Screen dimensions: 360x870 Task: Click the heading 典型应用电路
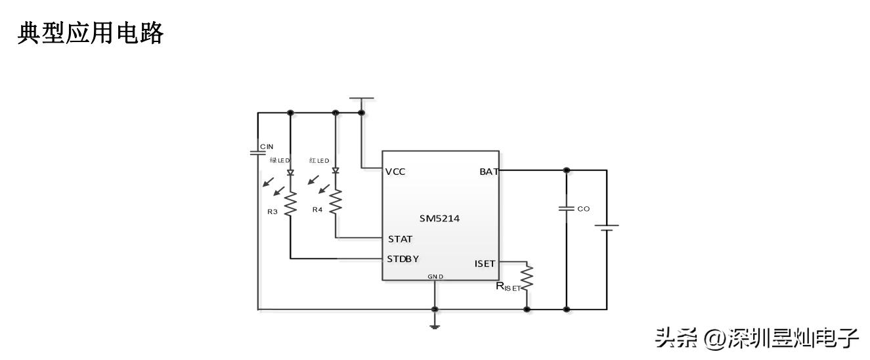[90, 33]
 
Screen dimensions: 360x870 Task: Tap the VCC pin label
[395, 171]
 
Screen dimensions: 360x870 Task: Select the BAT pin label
[489, 171]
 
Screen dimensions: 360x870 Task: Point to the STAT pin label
[400, 238]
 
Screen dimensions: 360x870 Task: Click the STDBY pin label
[403, 258]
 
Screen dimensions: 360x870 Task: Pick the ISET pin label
[485, 263]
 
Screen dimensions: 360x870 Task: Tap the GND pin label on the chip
[435, 277]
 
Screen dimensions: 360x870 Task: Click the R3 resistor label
[272, 212]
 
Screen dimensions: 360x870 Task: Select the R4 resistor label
[317, 210]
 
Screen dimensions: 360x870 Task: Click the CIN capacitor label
[266, 146]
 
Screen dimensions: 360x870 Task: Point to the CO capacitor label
[583, 208]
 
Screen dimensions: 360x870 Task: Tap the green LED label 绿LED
[279, 160]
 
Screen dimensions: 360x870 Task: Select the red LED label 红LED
[319, 160]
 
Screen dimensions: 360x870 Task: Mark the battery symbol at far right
[607, 228]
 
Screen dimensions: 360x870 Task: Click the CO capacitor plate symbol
[566, 208]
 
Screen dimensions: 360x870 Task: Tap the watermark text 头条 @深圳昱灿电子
[757, 338]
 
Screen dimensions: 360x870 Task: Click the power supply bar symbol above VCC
[361, 99]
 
